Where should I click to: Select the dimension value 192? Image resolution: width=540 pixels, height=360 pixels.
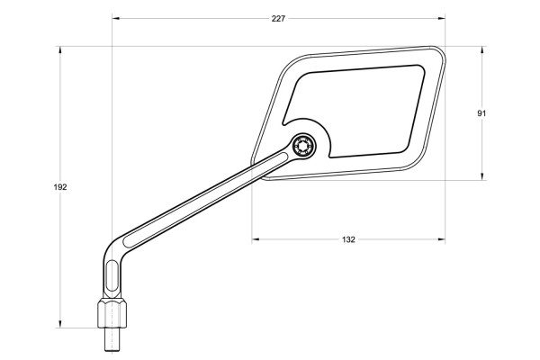pos(60,186)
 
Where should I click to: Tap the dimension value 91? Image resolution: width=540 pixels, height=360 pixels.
pos(481,113)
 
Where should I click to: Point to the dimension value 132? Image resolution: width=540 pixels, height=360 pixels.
pos(349,239)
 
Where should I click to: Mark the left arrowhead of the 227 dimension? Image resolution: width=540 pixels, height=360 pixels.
pos(116,17)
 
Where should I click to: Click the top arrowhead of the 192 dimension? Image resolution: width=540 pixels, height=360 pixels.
pos(60,50)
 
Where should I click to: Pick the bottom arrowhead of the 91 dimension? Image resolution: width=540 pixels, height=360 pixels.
pos(481,177)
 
